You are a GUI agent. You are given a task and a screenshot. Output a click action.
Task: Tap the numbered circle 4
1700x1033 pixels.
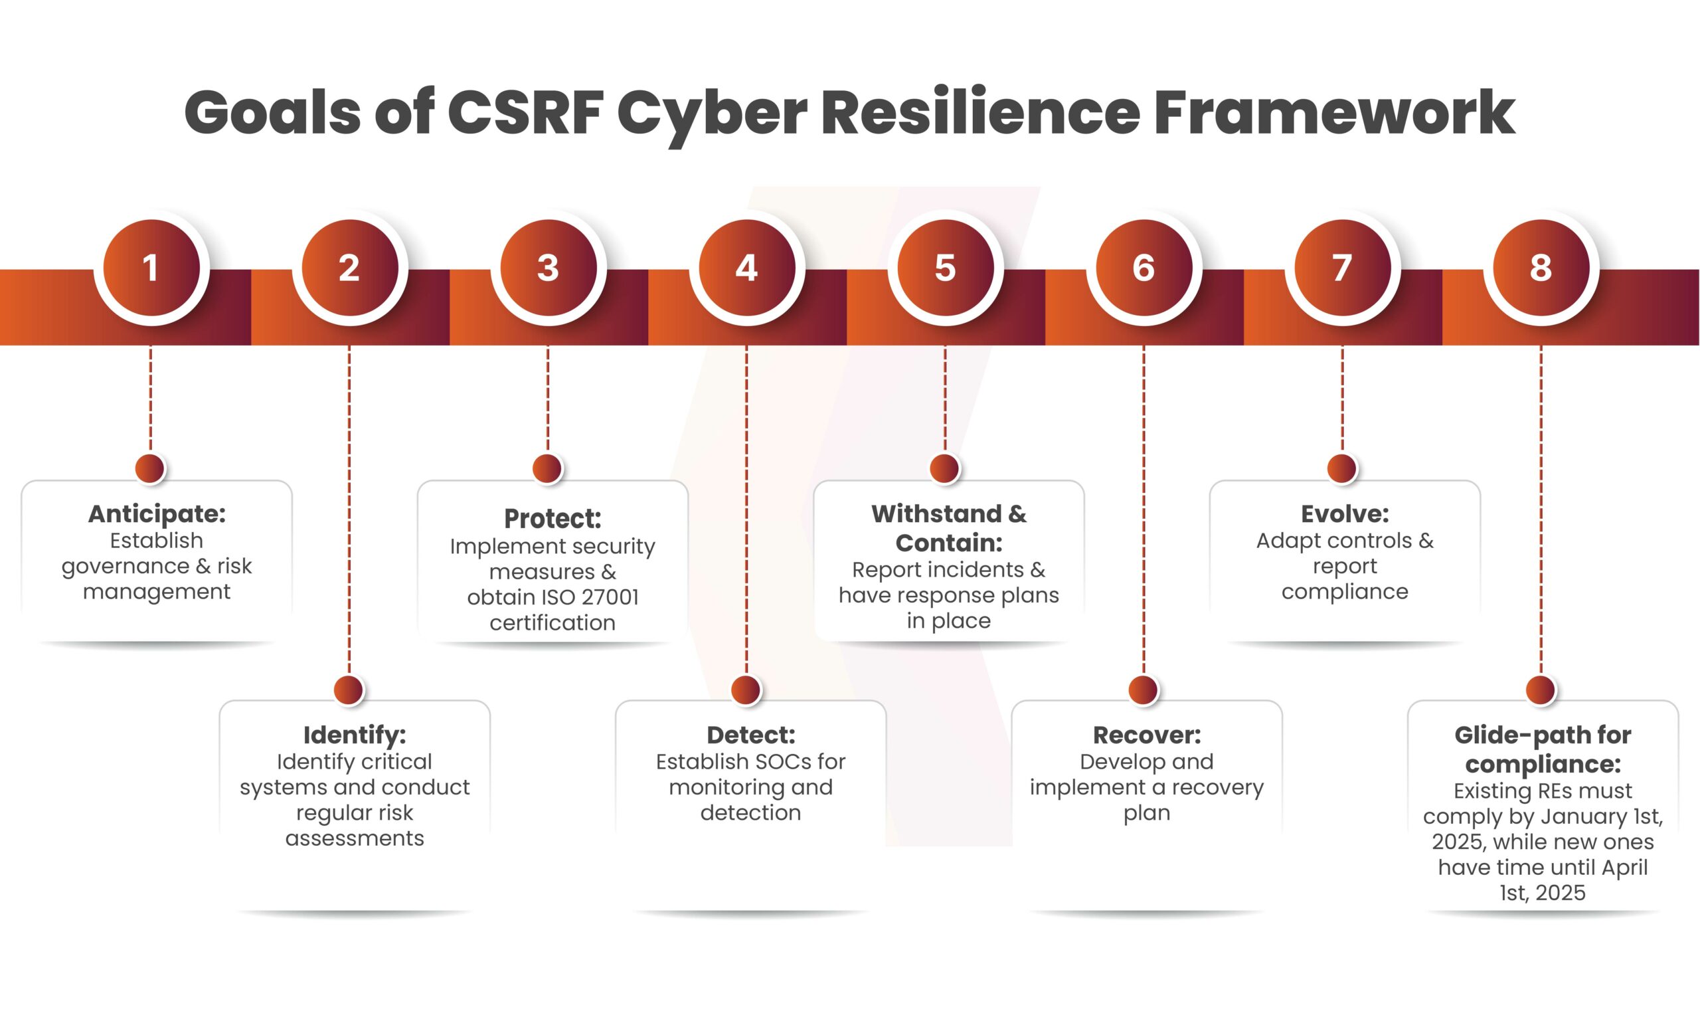click(746, 268)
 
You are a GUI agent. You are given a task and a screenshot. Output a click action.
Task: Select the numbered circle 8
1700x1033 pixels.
click(1541, 268)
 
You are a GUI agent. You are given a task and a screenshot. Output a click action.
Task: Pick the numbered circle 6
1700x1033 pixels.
click(1144, 268)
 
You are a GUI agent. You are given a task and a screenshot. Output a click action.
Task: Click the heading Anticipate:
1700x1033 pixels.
click(157, 514)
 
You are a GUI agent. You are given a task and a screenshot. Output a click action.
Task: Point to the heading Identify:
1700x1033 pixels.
click(355, 735)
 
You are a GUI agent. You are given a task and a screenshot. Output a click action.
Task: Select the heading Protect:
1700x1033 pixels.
click(552, 519)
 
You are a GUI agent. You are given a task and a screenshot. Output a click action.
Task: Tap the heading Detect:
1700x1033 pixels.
click(750, 735)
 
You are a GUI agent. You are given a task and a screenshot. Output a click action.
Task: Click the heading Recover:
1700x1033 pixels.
click(1147, 735)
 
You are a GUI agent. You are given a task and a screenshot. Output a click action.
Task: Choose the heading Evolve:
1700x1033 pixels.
click(1345, 514)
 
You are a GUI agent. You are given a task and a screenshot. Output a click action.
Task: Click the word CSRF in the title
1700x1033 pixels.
click(526, 112)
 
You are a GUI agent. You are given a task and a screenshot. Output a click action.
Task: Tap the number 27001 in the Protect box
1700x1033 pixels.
click(609, 598)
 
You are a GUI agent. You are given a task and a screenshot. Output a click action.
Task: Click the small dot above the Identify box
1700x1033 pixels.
click(349, 690)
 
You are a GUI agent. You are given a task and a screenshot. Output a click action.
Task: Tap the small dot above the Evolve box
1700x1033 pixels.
click(1342, 468)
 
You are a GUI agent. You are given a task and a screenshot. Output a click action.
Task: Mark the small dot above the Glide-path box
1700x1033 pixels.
click(1541, 690)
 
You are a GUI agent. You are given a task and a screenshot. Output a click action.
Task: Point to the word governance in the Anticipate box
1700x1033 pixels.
click(125, 567)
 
